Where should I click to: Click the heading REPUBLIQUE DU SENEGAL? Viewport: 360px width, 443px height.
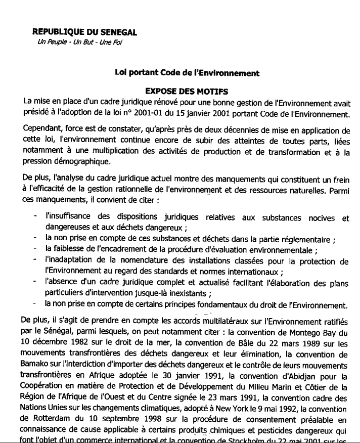coord(84,33)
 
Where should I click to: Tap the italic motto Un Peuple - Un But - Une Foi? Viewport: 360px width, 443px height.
coord(80,42)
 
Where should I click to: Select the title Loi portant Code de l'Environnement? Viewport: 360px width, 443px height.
coord(188,73)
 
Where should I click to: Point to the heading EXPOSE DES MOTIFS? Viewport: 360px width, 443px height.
coord(187,92)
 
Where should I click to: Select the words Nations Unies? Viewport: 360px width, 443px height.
coord(46,398)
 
